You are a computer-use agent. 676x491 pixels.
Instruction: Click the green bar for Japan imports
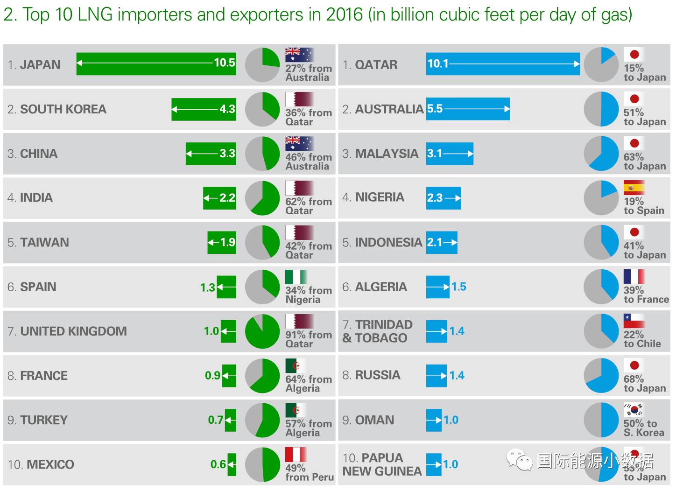tap(156, 64)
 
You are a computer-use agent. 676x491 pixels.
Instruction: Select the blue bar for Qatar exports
tap(503, 64)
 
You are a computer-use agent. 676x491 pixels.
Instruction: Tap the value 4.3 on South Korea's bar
tap(227, 109)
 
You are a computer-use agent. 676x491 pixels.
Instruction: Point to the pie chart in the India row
tap(262, 198)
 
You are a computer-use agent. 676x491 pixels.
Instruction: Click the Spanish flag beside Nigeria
tap(634, 188)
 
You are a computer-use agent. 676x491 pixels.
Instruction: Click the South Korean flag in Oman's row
tap(634, 410)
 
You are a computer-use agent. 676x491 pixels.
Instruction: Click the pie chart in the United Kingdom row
tap(262, 331)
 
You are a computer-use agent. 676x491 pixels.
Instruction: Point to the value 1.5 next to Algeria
tap(458, 287)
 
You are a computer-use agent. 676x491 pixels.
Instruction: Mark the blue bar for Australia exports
tap(468, 109)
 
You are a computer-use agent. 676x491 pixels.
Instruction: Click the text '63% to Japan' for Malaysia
tap(644, 161)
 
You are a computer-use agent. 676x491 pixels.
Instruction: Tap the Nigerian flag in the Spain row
tap(296, 277)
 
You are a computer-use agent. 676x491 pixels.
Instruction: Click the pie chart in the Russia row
tap(601, 376)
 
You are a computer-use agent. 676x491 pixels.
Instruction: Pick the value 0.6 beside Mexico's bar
tap(218, 464)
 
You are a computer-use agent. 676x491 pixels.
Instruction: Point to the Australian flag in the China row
tap(299, 143)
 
